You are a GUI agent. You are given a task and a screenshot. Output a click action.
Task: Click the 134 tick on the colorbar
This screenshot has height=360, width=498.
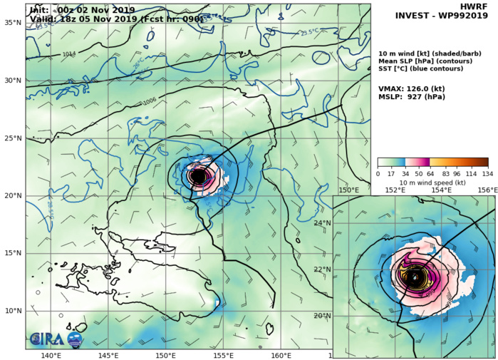488,173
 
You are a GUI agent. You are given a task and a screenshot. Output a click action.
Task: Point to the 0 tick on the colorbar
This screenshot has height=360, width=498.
378,173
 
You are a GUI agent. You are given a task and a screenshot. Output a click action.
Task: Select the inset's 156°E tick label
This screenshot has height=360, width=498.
487,190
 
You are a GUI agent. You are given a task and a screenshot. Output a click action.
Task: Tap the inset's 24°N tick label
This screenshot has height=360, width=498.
323,223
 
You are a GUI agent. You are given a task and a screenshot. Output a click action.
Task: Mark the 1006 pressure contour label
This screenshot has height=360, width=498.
150,101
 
